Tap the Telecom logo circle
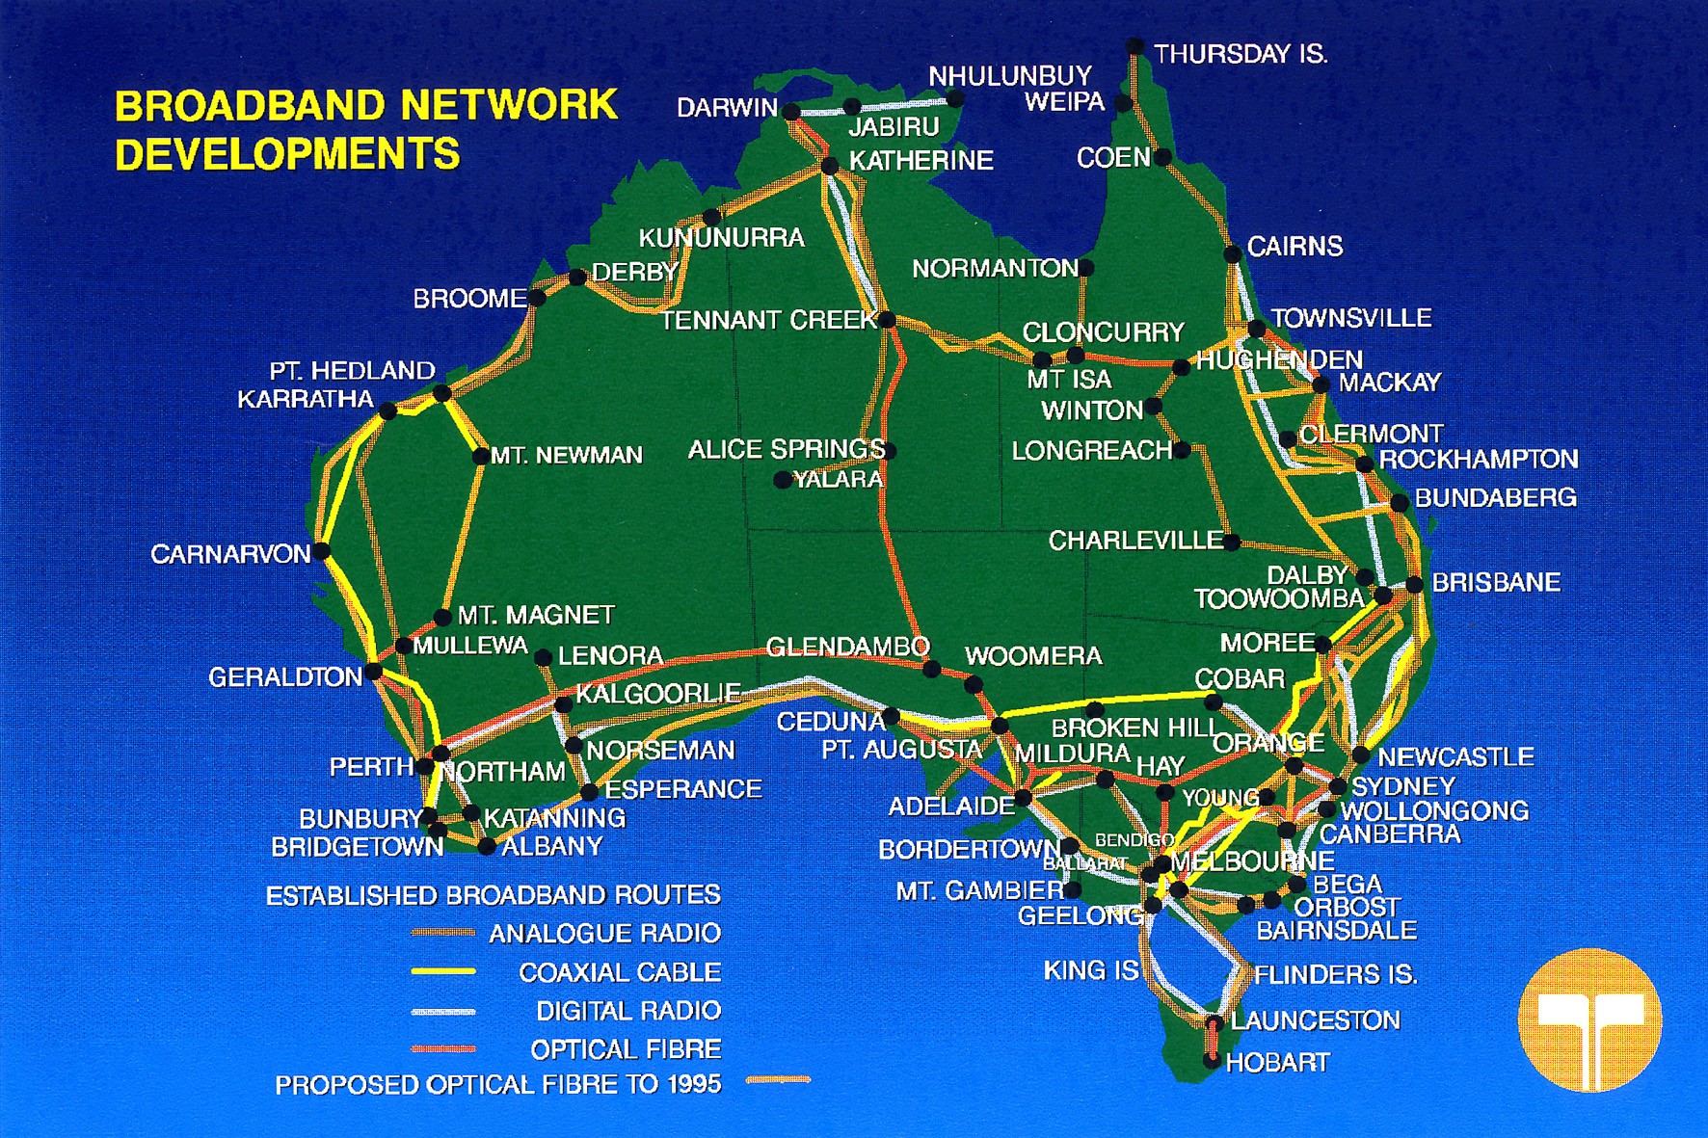[x=1589, y=1019]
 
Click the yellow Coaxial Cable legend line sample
[x=443, y=971]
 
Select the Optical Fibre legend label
[x=625, y=1048]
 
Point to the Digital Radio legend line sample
[x=443, y=1011]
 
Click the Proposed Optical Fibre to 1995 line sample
[x=779, y=1080]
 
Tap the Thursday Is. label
[x=1241, y=54]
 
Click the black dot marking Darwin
[x=791, y=111]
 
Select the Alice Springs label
[x=786, y=449]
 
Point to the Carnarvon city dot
[x=322, y=551]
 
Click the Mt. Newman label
[x=566, y=455]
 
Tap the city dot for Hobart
[x=1212, y=1060]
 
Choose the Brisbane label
[x=1495, y=582]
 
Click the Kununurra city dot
[x=711, y=218]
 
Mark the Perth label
[x=371, y=767]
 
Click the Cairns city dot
[x=1233, y=254]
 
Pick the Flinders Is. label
[x=1335, y=974]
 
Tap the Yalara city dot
[x=783, y=479]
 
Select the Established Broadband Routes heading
[x=493, y=895]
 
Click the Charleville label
[x=1135, y=541]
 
